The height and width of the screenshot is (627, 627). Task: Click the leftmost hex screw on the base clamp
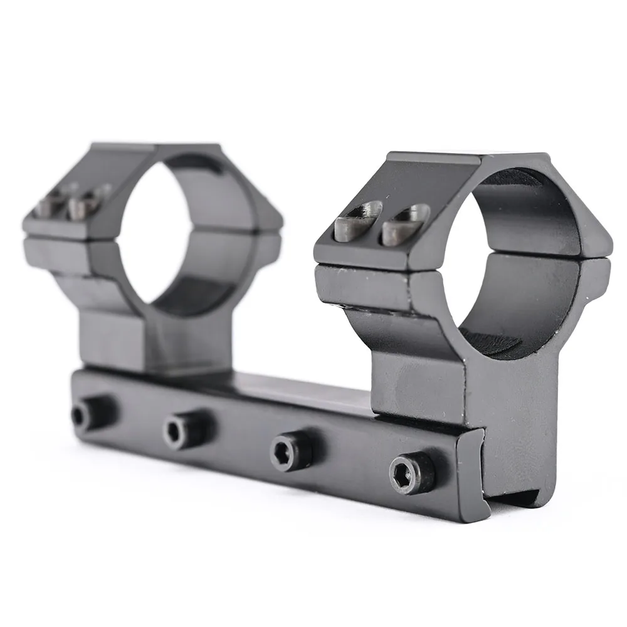point(82,414)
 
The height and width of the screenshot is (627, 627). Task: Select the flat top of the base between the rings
point(301,386)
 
